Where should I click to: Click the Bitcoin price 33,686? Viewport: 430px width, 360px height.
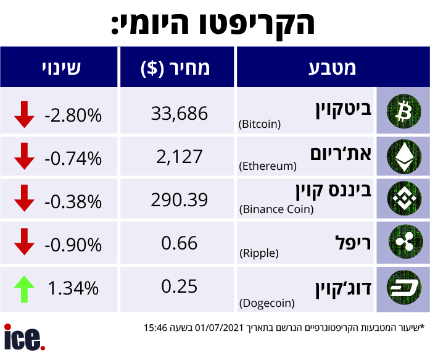180,112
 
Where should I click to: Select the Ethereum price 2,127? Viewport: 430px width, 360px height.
180,157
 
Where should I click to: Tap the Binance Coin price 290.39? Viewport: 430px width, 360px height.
180,201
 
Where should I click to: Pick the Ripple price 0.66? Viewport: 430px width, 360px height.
180,243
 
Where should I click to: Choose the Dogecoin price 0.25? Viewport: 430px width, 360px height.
180,287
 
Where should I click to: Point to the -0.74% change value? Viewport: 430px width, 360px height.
73,159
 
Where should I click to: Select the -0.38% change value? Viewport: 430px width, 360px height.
73,202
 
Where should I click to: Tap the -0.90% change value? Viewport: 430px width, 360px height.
73,245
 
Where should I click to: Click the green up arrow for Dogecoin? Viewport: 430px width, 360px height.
24,288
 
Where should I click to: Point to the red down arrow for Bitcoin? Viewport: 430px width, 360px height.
24,115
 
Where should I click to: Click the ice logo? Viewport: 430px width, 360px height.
24,338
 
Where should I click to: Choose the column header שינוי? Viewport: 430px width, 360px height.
61,67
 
